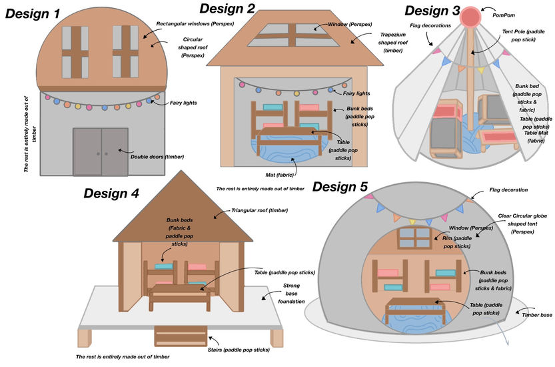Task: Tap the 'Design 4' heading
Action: tap(111, 194)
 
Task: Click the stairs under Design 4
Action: tap(181, 336)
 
